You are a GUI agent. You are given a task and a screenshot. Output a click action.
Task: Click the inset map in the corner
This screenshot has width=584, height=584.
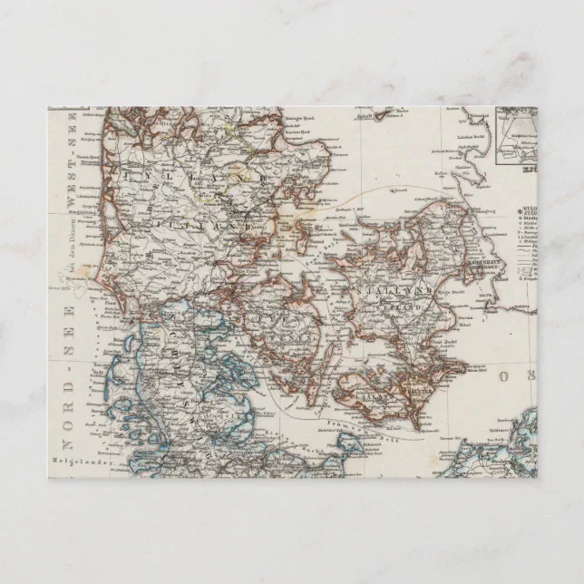(515, 137)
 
